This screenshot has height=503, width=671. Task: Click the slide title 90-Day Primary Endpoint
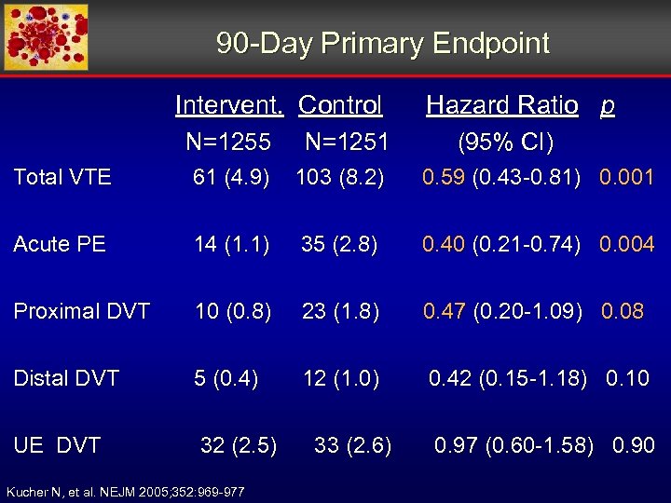pos(382,43)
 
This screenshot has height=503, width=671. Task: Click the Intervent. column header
pos(229,105)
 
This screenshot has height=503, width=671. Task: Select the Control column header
pos(340,105)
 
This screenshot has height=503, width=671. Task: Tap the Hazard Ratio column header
pos(501,105)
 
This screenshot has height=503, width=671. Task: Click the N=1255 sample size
pos(228,143)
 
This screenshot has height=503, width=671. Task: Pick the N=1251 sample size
pos(347,143)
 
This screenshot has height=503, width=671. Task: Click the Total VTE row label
pos(62,177)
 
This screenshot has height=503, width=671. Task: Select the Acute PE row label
pos(60,244)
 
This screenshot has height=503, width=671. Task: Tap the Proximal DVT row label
pos(81,311)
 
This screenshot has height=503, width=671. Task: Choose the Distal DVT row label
pos(66,378)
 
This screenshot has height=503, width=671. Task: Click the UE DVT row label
pos(57,445)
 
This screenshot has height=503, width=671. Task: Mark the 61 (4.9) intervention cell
pos(231,177)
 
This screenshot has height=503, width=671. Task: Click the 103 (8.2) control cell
pos(339,177)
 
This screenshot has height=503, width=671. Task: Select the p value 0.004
pos(626,244)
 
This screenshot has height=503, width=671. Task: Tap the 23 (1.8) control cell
pos(339,311)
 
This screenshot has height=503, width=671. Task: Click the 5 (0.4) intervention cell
pos(226,378)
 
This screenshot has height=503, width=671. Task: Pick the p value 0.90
pos(633,445)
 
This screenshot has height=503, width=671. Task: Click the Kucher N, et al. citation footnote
pos(126,491)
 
